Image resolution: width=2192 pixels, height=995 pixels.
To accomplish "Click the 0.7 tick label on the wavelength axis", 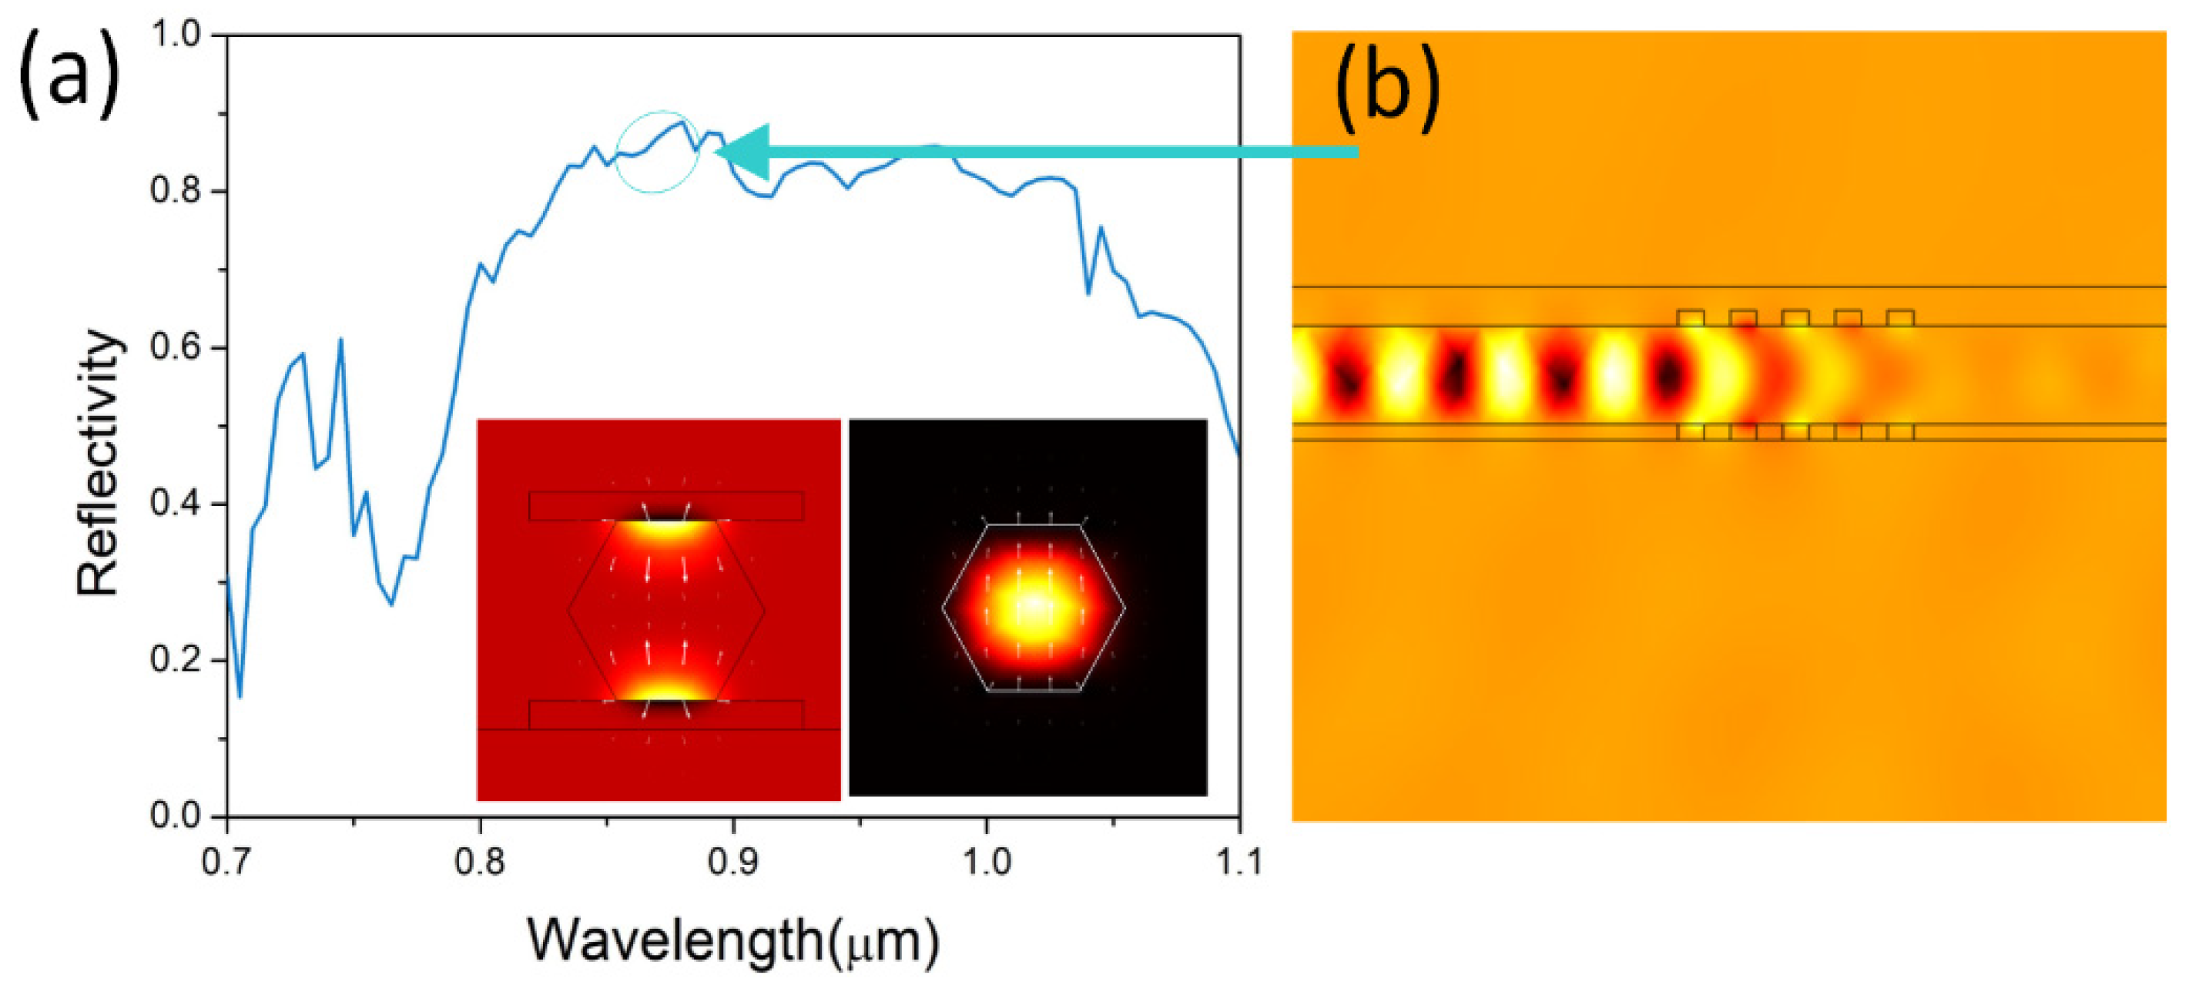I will click(227, 863).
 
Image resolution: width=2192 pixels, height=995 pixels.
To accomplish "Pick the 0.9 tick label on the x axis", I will click(732, 863).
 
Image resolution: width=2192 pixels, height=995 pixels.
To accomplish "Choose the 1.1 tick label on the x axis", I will click(1238, 863).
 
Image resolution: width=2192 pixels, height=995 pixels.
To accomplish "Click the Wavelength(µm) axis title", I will click(732, 940).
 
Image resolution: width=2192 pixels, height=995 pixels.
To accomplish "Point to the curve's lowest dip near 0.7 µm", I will click(240, 697).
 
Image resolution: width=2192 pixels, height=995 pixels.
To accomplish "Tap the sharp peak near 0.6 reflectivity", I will click(340, 340).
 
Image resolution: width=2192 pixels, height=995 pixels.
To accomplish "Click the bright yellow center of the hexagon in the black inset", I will click(1032, 606).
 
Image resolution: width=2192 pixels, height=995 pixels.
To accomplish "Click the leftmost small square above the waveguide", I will click(1690, 317).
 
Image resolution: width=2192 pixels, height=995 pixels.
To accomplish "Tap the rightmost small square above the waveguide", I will click(1900, 317).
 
